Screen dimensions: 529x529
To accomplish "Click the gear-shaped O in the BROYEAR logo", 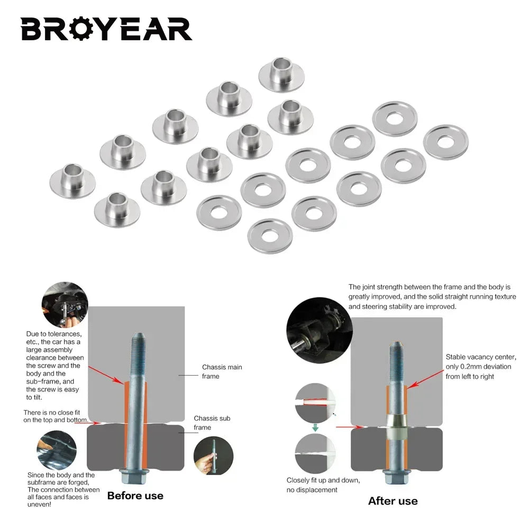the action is coord(82,29).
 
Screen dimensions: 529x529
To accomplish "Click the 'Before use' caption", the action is coord(135,496).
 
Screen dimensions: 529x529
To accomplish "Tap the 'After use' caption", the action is coord(393,501).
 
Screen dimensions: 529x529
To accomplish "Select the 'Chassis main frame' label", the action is coord(222,371).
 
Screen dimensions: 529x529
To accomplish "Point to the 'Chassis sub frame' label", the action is coord(212,423).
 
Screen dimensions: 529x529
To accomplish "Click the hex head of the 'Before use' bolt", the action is coord(134,477).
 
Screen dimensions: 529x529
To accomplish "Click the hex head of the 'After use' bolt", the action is coord(397,477).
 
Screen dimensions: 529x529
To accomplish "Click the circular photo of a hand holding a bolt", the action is coord(213,455).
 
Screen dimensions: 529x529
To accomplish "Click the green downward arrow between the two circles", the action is coord(315,428).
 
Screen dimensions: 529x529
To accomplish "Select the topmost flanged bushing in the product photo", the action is coord(281,74).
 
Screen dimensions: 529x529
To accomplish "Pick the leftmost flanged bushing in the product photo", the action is coord(72,181).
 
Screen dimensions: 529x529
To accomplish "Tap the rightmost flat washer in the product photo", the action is coord(445,142).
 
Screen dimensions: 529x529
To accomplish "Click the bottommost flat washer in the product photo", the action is coord(270,236).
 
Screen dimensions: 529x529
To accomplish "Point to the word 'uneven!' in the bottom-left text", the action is coord(40,504).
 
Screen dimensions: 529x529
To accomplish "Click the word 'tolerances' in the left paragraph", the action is coord(64,334).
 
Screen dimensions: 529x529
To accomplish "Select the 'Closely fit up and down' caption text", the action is coord(323,480).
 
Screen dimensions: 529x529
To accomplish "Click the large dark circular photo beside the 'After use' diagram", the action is coord(320,330).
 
